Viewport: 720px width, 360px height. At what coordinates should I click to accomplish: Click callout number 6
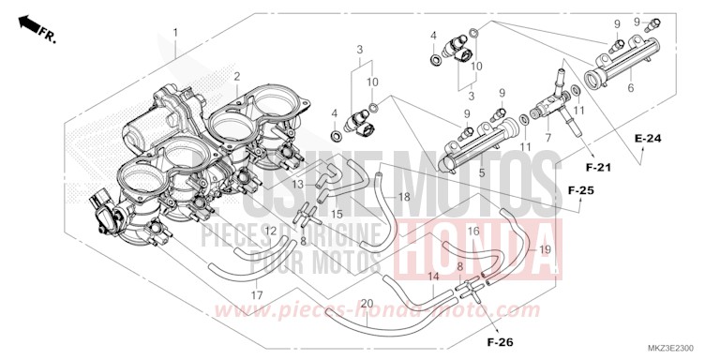tap(631, 87)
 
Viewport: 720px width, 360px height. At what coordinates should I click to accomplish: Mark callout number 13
tap(296, 185)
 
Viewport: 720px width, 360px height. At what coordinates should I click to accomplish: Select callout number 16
tap(473, 230)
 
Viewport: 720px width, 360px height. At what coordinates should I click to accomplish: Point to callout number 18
tap(404, 197)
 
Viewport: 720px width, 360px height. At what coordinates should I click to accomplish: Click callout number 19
tap(545, 249)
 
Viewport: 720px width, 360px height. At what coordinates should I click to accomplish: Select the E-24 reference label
tap(647, 139)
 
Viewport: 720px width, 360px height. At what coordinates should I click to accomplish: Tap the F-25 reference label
tap(581, 190)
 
